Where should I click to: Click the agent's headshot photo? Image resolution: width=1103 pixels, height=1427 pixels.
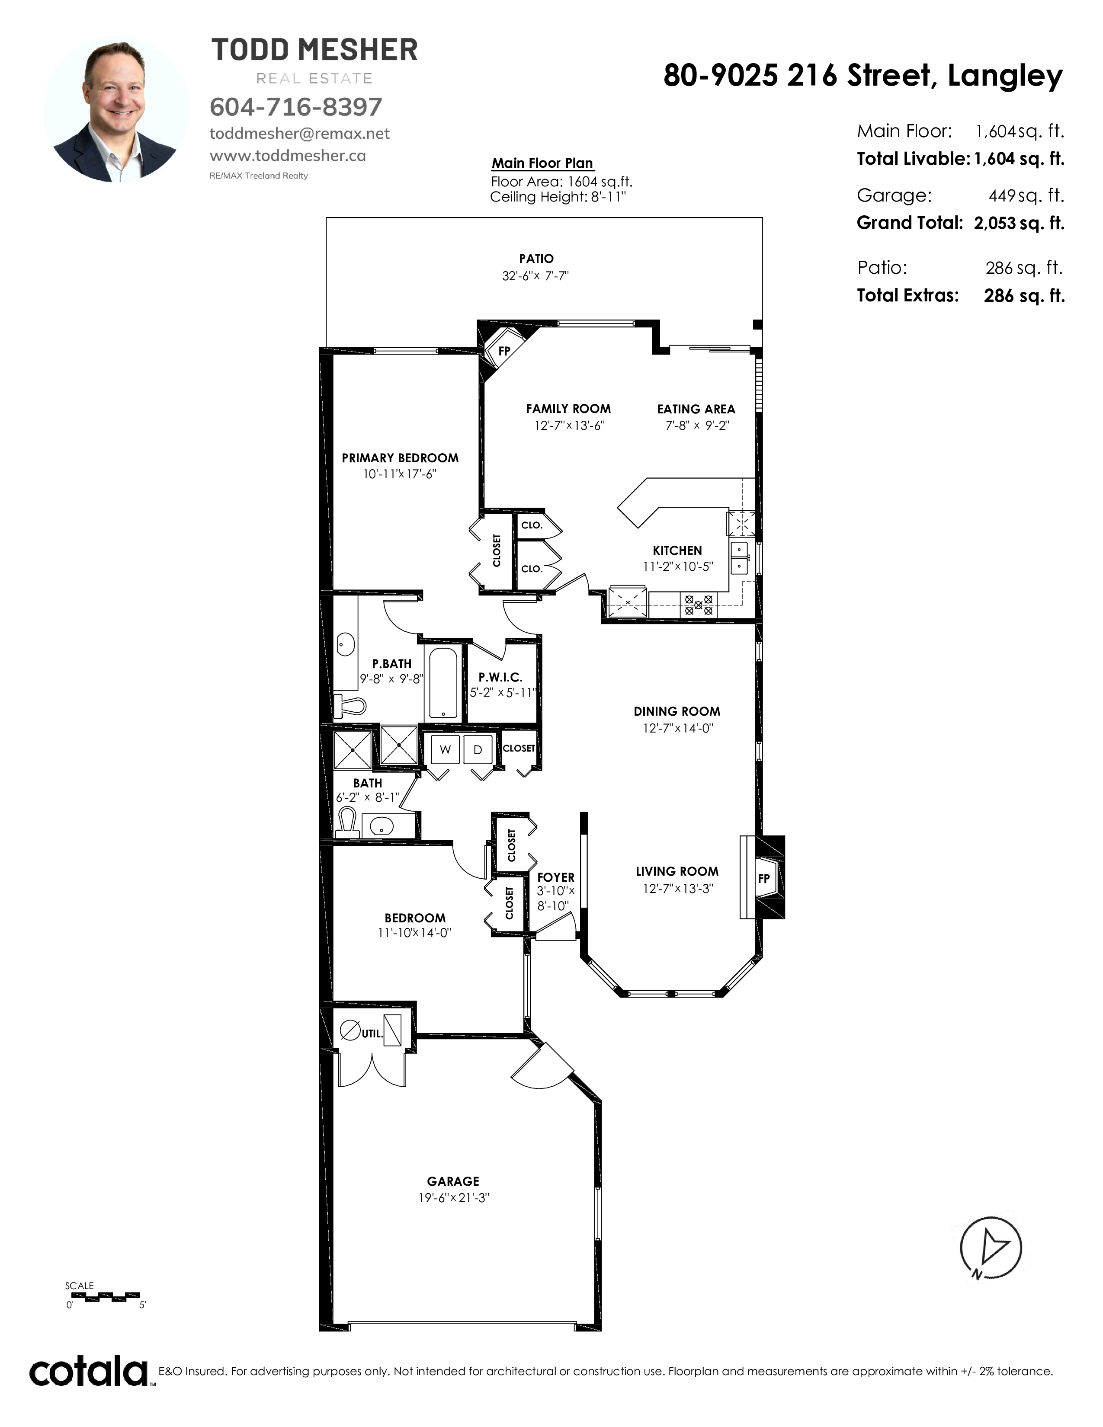(115, 109)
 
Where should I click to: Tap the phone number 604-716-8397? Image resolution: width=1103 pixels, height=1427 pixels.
(295, 106)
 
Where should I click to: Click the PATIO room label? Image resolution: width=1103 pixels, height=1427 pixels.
(536, 259)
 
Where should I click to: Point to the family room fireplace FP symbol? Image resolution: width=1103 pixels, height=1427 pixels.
(504, 351)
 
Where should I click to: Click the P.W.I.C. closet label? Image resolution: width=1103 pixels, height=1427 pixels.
(500, 678)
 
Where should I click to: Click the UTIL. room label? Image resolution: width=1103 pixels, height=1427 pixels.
(372, 1033)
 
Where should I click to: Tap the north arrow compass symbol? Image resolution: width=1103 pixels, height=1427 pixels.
(991, 1249)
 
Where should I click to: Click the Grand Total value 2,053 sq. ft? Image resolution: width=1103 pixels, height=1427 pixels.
(1019, 224)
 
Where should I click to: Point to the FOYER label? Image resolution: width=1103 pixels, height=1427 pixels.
(555, 877)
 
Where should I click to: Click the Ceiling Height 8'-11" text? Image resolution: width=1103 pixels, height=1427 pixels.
(558, 197)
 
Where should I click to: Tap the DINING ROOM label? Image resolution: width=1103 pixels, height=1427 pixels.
(677, 711)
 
